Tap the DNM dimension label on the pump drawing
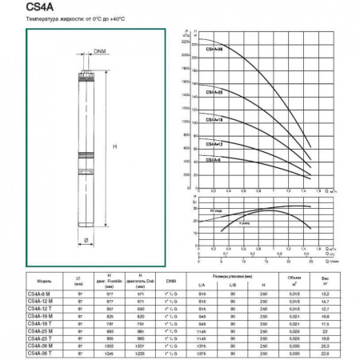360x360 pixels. (100, 52)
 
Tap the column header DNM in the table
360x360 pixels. (170, 281)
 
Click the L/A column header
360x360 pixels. (200, 285)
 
